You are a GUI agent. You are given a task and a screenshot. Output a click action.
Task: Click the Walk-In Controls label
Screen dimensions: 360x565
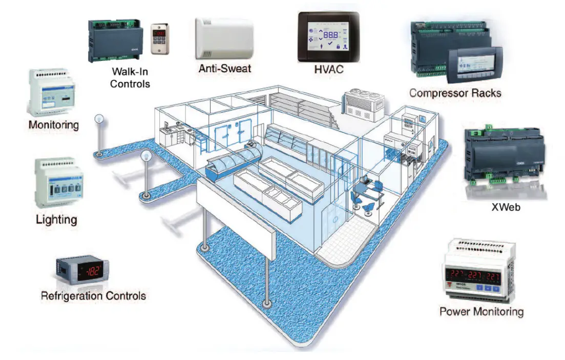pyautogui.click(x=130, y=77)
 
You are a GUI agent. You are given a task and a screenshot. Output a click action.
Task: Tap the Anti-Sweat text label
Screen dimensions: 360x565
pyautogui.click(x=225, y=67)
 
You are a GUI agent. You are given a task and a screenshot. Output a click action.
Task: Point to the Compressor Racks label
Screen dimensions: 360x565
pyautogui.click(x=455, y=93)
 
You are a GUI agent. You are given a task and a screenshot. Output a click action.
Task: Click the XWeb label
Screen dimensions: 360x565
pyautogui.click(x=503, y=208)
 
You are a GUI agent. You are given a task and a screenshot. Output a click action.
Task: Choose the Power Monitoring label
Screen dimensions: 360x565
pyautogui.click(x=482, y=311)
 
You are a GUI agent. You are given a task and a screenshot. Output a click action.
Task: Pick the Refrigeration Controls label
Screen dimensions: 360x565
pyautogui.click(x=93, y=295)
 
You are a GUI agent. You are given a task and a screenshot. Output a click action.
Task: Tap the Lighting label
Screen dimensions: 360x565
pyautogui.click(x=56, y=220)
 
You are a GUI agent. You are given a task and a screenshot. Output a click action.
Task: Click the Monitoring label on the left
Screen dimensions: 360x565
pyautogui.click(x=54, y=124)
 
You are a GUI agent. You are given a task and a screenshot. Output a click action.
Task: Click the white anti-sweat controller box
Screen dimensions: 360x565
pyautogui.click(x=224, y=39)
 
